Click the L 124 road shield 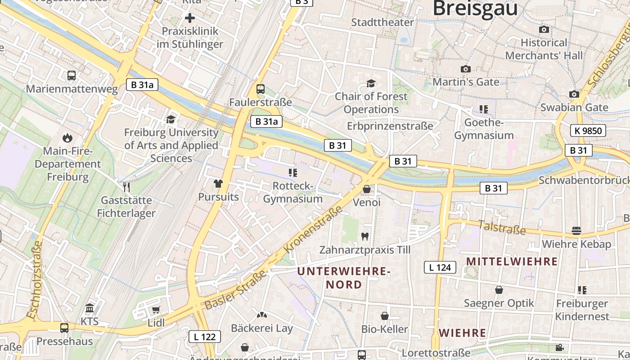(x=440, y=267)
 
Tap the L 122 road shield (x=205, y=337)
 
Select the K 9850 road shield (x=588, y=131)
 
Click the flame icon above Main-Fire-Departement (x=67, y=138)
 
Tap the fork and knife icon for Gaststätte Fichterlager (x=127, y=187)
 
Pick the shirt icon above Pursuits (x=218, y=184)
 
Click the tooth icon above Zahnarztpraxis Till (x=365, y=236)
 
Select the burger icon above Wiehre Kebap (x=576, y=231)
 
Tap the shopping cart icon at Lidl (x=156, y=310)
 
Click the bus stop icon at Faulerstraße (x=261, y=89)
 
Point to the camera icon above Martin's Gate (x=466, y=69)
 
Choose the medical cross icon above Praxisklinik (x=190, y=18)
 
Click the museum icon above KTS (x=90, y=309)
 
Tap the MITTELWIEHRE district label (x=512, y=261)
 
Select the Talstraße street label (x=501, y=227)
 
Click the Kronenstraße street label (x=313, y=229)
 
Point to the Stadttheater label (x=382, y=22)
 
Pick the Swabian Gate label (x=574, y=108)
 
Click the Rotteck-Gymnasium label (x=293, y=193)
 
